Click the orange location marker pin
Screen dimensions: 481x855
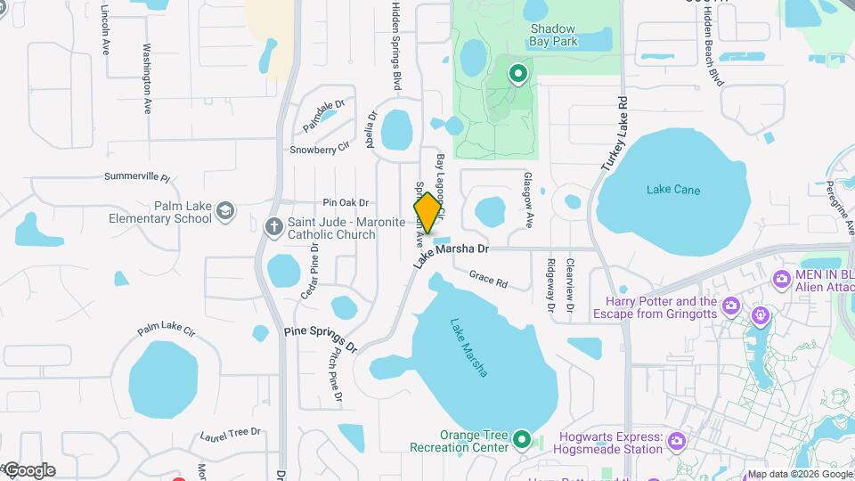pyautogui.click(x=427, y=213)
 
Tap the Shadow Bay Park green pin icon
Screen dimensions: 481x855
pyautogui.click(x=517, y=73)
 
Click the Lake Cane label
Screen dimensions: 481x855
pyautogui.click(x=673, y=190)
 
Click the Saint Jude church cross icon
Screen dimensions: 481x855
pyautogui.click(x=273, y=223)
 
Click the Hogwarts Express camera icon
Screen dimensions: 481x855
pyautogui.click(x=677, y=440)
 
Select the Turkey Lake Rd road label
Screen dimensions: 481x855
pyautogui.click(x=615, y=134)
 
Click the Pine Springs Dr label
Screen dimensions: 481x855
pyautogui.click(x=320, y=338)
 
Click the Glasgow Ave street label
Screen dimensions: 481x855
pyautogui.click(x=528, y=200)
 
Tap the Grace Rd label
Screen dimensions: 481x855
pyautogui.click(x=488, y=280)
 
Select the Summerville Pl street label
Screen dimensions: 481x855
pyautogui.click(x=136, y=176)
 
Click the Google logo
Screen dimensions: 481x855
pyautogui.click(x=28, y=470)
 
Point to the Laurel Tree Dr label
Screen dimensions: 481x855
pyautogui.click(x=230, y=434)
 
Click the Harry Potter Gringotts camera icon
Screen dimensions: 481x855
pyautogui.click(x=731, y=306)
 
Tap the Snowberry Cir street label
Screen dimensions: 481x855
pyautogui.click(x=318, y=150)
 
